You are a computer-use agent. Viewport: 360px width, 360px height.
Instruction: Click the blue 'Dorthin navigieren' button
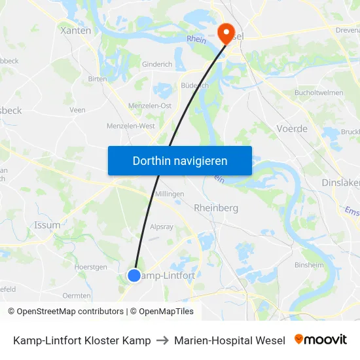coord(180,160)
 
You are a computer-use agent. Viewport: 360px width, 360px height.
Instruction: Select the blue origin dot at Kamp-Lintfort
coord(134,276)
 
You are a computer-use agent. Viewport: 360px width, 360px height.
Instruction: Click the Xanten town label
coord(75,30)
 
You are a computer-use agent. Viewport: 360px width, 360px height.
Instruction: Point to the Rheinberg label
coord(216,207)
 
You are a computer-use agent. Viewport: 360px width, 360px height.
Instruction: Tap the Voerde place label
coord(292,129)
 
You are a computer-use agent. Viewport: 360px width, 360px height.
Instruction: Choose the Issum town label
coord(47,225)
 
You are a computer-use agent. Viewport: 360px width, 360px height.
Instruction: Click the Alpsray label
coord(162,227)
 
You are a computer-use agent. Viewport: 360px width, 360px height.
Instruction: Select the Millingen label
coord(170,194)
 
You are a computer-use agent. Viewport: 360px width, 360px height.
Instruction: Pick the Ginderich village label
coord(157,65)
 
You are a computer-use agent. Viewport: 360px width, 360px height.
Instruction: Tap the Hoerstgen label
coord(90,267)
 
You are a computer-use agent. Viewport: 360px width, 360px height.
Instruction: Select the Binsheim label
coord(309,265)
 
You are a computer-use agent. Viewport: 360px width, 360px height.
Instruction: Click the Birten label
coord(97,79)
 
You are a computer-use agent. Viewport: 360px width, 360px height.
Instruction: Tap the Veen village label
coord(77,110)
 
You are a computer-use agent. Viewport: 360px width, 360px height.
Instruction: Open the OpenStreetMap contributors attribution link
coord(70,312)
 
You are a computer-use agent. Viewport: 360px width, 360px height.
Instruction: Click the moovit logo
coord(321,340)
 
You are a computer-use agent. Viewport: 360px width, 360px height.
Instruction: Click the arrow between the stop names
coord(162,340)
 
